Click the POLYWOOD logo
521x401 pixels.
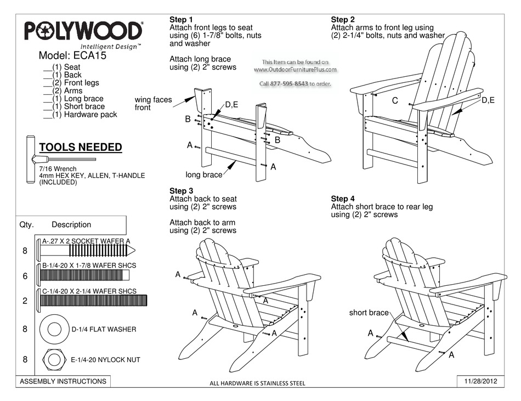coord(83,31)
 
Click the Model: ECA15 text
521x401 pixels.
coord(72,56)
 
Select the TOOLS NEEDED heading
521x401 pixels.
coord(80,148)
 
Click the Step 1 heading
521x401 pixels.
coord(181,20)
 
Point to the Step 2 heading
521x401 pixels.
coord(343,20)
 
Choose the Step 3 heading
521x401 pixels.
coord(181,191)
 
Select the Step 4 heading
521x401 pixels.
coord(343,199)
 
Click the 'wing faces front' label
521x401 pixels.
coord(154,104)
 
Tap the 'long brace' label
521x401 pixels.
coord(203,175)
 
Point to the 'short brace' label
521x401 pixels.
coord(369,313)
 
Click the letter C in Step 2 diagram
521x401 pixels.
coord(395,101)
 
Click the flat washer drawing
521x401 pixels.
coord(54,329)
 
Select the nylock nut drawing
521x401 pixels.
coord(54,360)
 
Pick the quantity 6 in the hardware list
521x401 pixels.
coord(25,277)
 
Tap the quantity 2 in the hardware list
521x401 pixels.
coord(25,301)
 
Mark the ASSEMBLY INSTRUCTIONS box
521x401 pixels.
coord(63,381)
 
